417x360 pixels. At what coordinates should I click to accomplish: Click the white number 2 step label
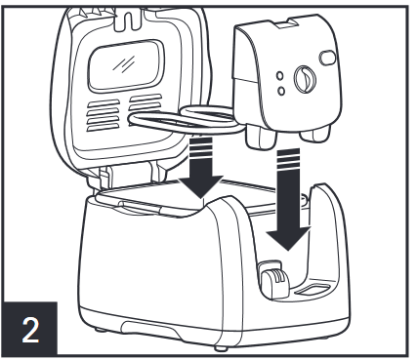30,330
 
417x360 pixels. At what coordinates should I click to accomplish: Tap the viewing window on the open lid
126,66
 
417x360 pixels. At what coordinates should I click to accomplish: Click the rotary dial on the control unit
305,79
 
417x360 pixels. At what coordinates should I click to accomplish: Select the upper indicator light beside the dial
279,75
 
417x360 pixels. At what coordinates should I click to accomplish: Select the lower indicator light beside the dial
281,91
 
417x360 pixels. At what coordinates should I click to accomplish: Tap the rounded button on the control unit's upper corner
327,58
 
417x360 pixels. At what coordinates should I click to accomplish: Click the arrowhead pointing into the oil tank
201,186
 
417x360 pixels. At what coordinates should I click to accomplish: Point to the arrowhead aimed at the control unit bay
288,238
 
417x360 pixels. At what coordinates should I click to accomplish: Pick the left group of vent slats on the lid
103,115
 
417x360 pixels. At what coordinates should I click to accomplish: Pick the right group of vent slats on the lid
146,103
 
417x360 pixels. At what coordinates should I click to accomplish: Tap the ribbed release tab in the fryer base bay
274,279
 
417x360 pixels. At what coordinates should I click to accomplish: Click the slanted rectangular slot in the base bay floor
313,289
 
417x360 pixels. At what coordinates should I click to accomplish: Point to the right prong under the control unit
314,135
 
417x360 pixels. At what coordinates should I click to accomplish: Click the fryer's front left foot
101,330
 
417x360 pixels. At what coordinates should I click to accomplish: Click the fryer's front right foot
221,348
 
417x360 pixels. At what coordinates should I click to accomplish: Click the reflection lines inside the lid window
124,63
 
